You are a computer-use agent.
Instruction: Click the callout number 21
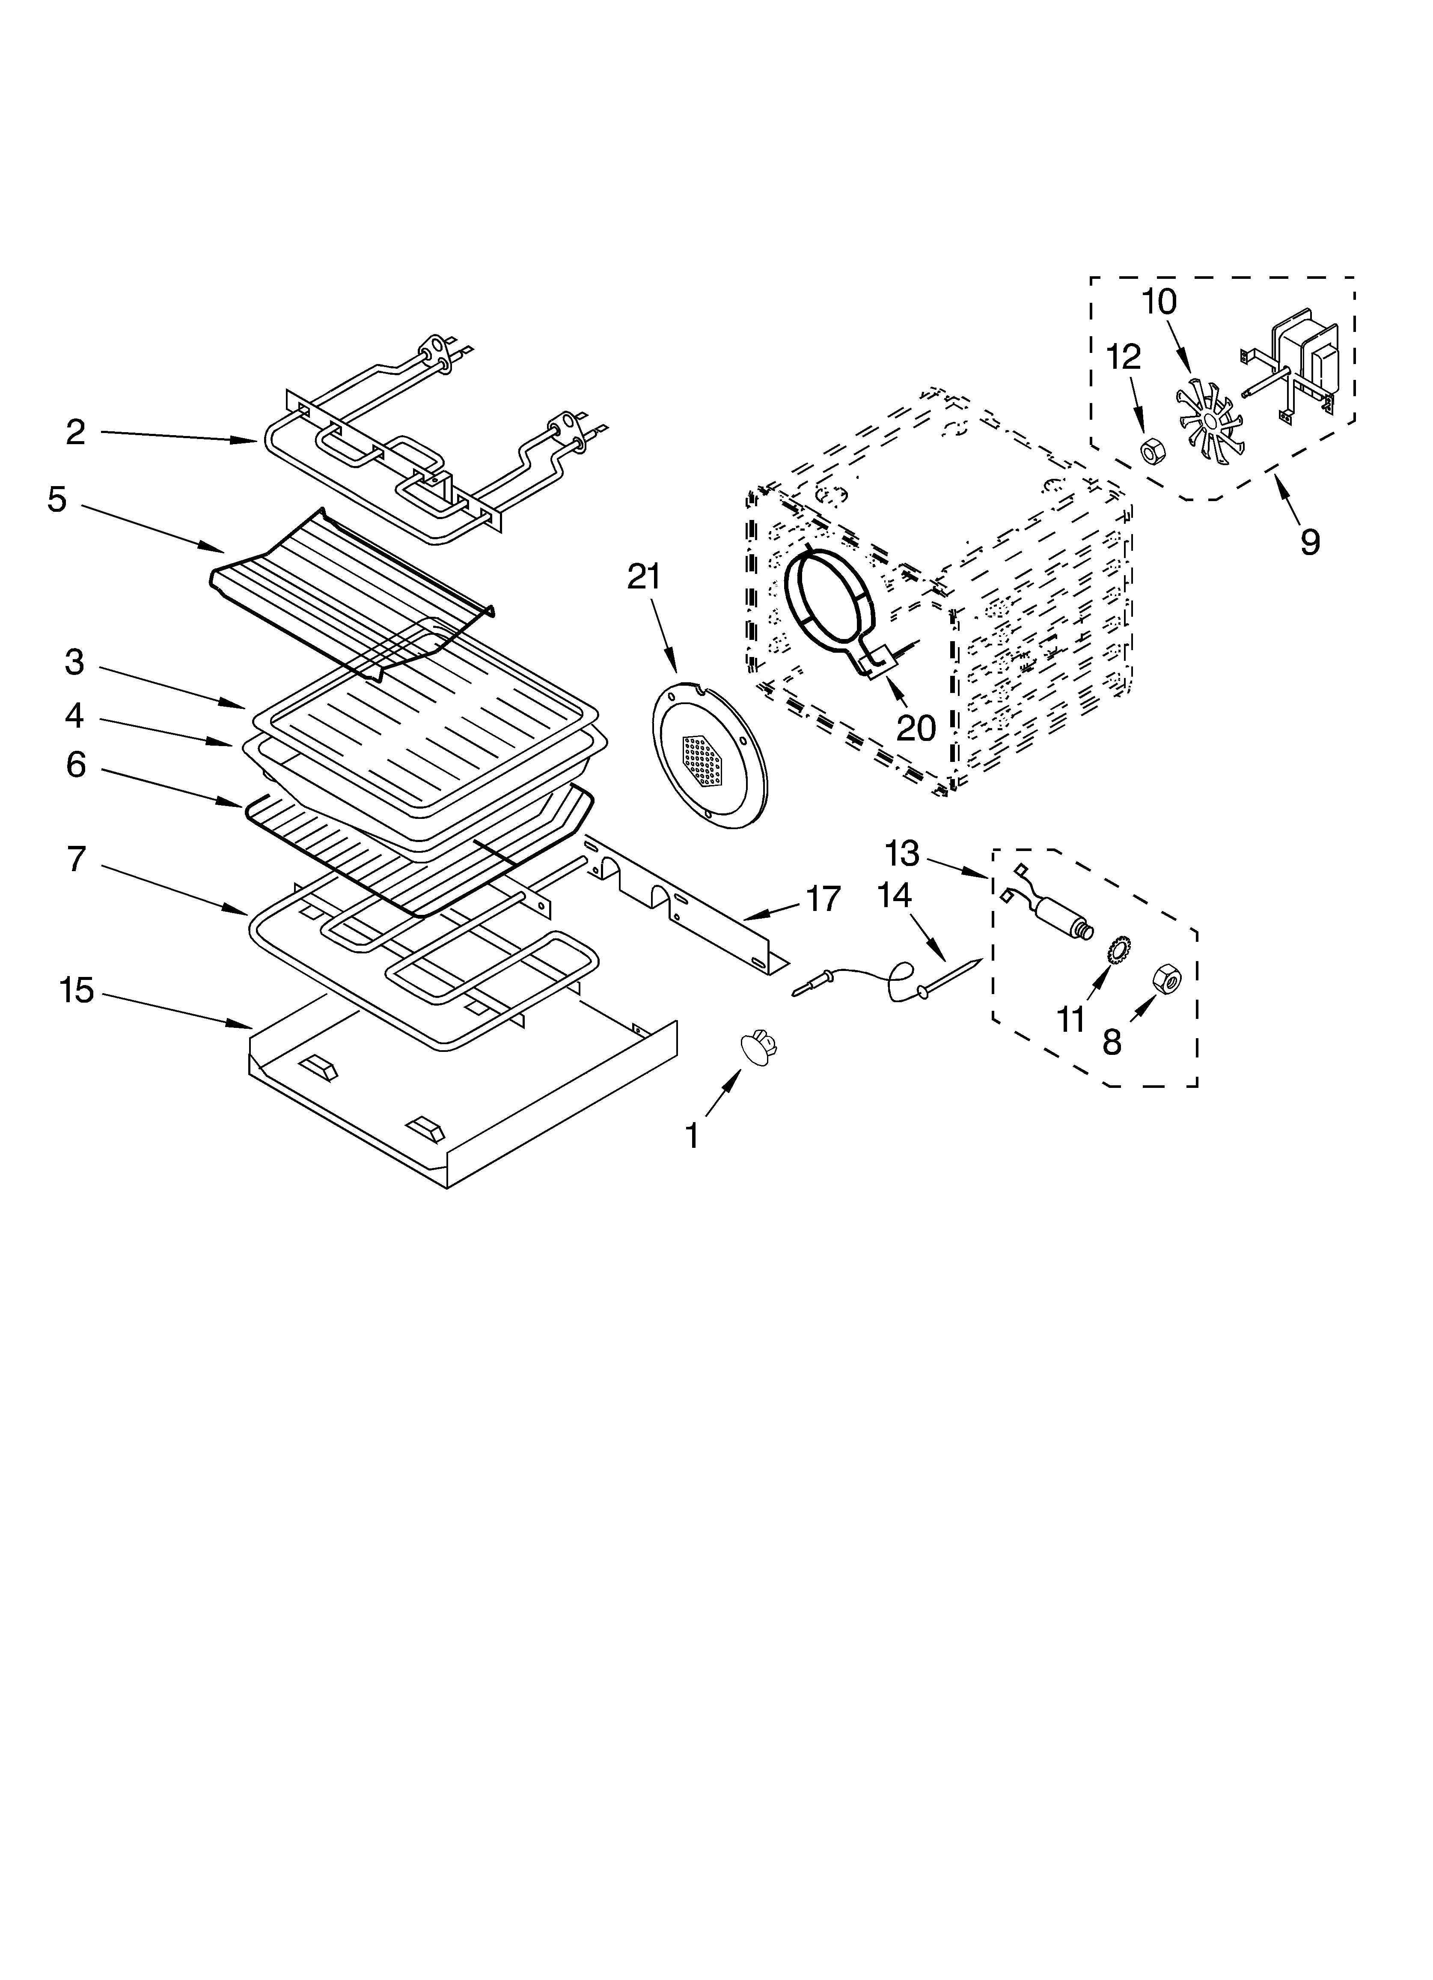tap(644, 578)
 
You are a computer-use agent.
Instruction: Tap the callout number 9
tap(1309, 542)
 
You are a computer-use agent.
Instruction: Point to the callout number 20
tap(916, 727)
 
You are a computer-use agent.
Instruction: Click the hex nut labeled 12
tap(1151, 451)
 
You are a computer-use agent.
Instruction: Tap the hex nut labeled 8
tap(1166, 980)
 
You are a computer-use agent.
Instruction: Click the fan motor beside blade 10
tap(1296, 362)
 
